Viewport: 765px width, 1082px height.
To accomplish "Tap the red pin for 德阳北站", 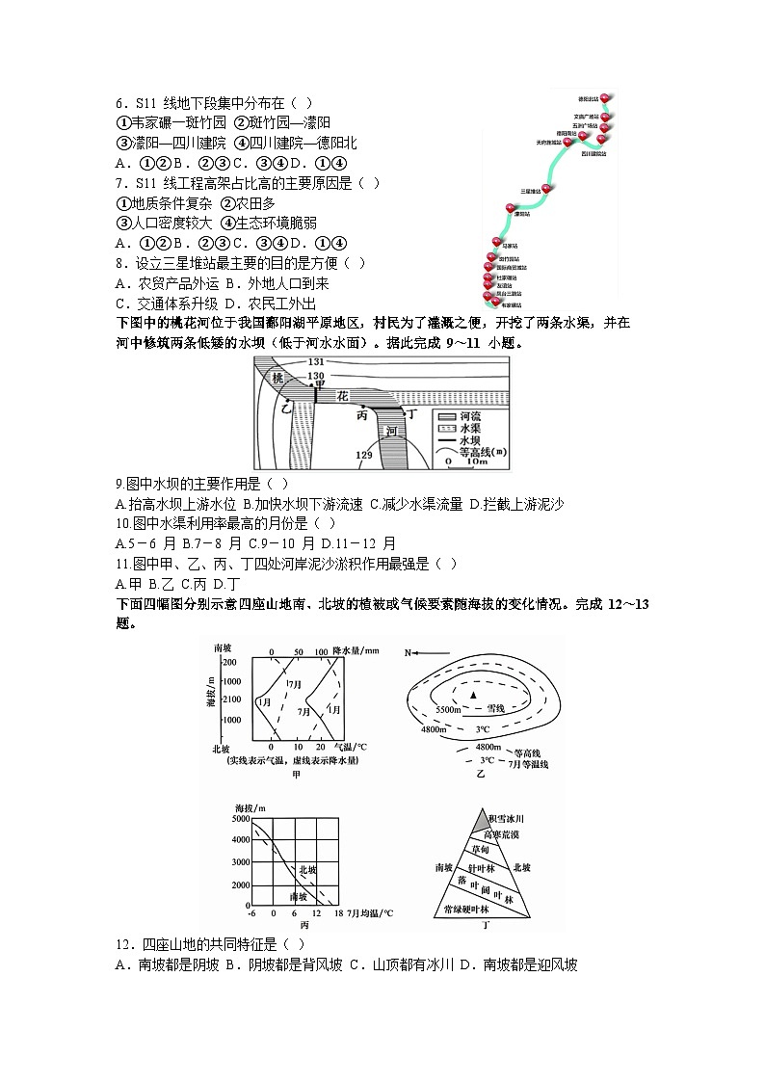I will click(605, 97).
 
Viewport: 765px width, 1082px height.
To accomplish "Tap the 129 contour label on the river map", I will click(364, 454).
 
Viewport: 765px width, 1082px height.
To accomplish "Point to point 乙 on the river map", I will click(284, 409).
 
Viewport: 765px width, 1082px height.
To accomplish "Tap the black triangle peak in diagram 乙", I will click(473, 694).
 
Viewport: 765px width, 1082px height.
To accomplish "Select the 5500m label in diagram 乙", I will click(450, 710).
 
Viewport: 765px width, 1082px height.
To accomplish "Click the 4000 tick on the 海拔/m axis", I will click(241, 840).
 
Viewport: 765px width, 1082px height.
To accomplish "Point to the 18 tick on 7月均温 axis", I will click(339, 912).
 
